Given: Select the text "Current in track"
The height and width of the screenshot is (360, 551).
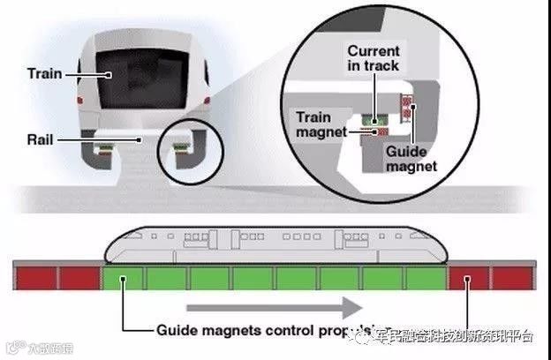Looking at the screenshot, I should [x=373, y=58].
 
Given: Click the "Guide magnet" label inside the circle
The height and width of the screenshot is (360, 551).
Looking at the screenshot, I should [x=411, y=158].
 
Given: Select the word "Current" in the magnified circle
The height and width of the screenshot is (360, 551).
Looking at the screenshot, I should [x=373, y=51].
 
